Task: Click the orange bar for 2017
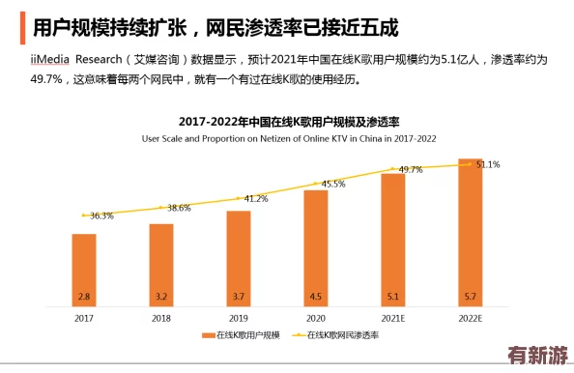point(84,269)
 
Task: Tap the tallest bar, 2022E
point(471,231)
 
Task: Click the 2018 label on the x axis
point(161,317)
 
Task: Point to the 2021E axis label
point(393,317)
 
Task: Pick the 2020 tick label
point(316,317)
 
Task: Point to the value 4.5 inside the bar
point(316,297)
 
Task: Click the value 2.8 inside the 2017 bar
point(84,297)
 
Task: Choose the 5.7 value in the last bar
point(471,297)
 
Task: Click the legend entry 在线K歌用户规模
point(242,335)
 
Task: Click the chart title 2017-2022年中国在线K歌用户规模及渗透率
point(287,122)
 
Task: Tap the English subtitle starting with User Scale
point(287,138)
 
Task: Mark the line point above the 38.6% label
point(161,206)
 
